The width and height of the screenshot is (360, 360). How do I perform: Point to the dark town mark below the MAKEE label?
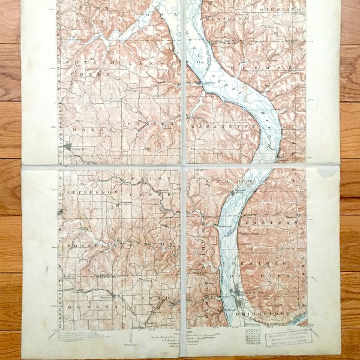[68, 146]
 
